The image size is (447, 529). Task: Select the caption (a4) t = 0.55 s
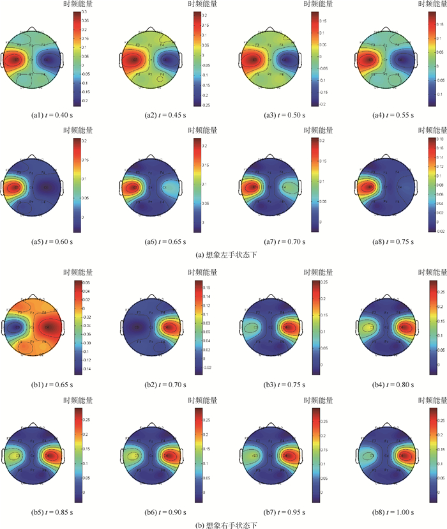383,116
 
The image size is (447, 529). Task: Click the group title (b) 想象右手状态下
224,525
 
